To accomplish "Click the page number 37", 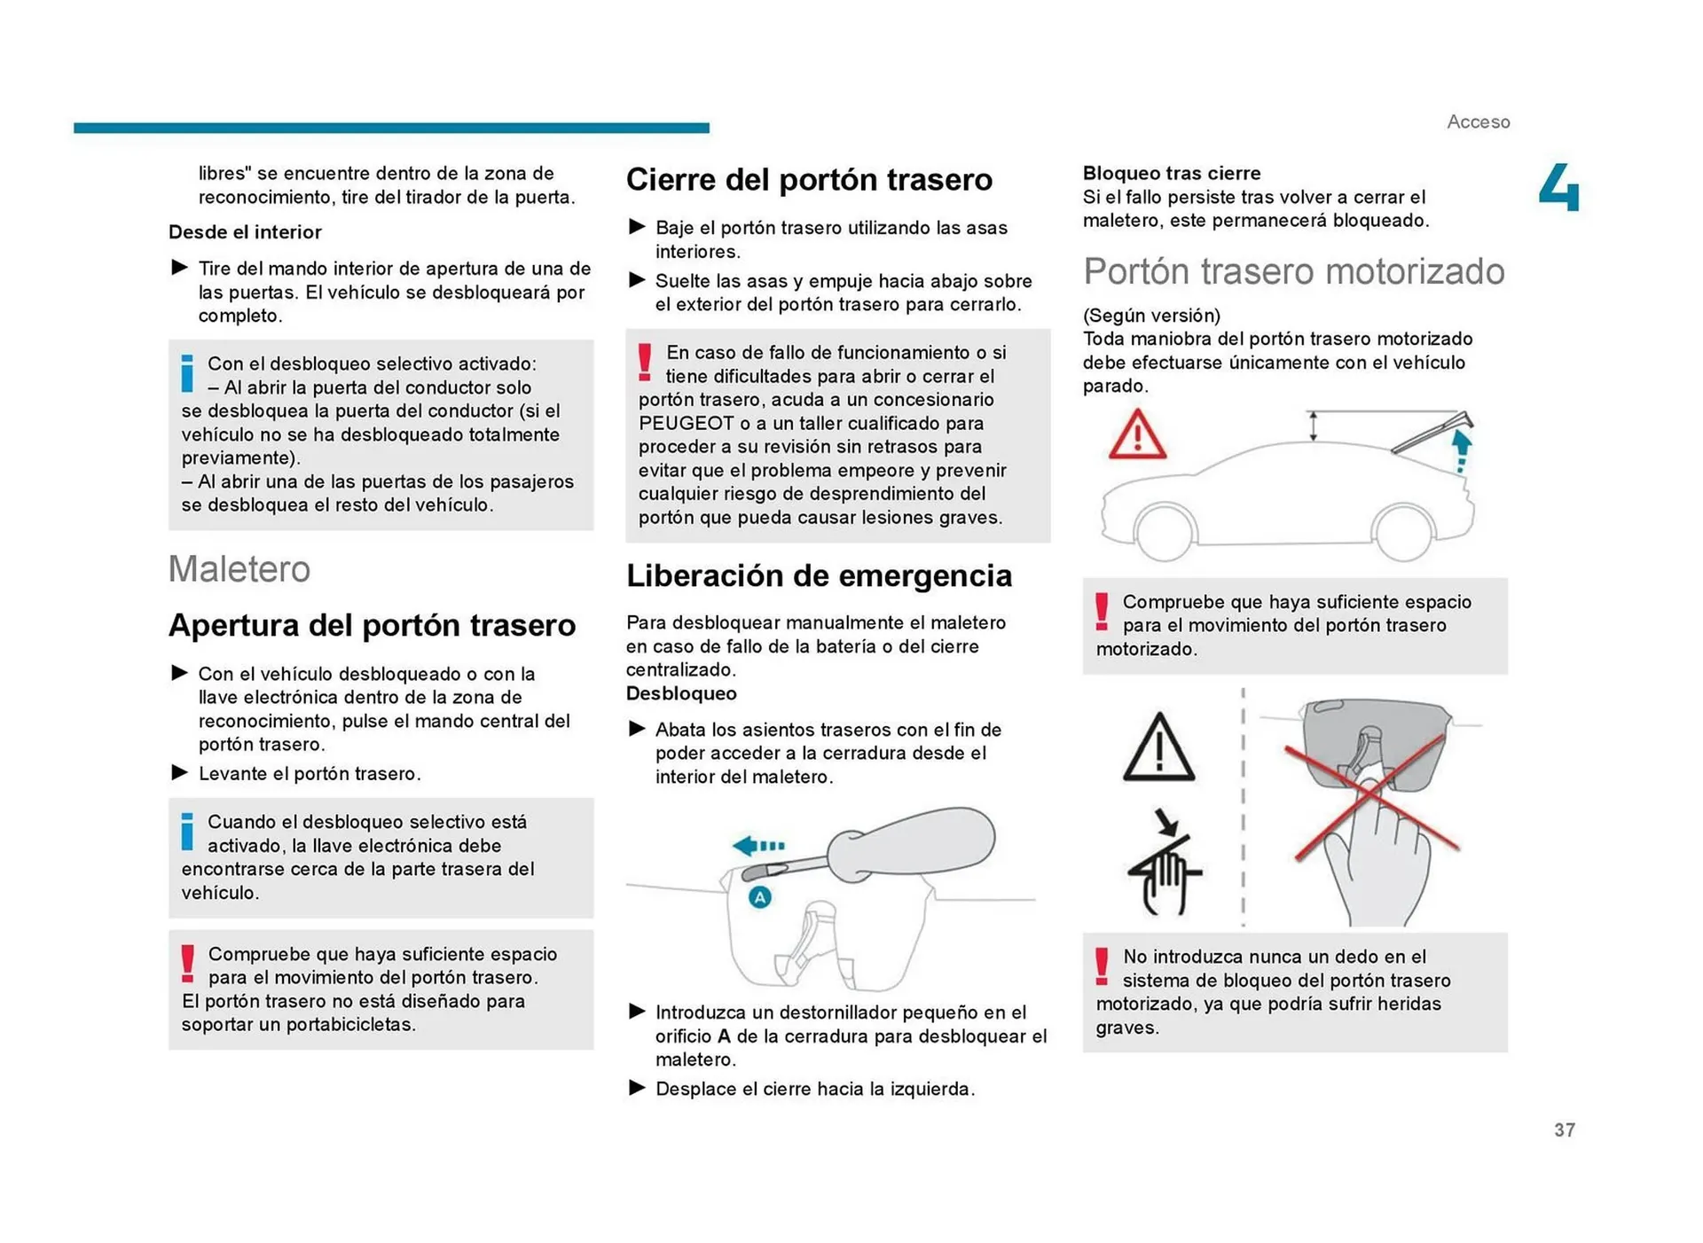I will click(x=1564, y=1130).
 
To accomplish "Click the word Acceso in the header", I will click(x=1478, y=121).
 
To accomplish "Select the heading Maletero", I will click(x=239, y=569).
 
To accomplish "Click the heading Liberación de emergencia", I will click(x=818, y=576).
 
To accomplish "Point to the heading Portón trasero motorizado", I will click(x=1293, y=271).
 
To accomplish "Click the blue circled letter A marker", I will click(x=759, y=897).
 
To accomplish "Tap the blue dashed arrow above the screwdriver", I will click(x=759, y=845).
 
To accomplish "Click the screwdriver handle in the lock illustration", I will click(x=914, y=842).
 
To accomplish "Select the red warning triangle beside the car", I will click(x=1137, y=434).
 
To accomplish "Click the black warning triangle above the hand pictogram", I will click(x=1158, y=749).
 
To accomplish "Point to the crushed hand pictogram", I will click(x=1164, y=873).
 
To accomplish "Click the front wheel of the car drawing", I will click(x=1164, y=532).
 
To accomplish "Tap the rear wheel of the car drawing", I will click(x=1402, y=532).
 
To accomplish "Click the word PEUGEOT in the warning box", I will click(x=686, y=423).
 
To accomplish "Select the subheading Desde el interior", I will click(x=245, y=232).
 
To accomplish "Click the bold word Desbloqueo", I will click(x=681, y=693).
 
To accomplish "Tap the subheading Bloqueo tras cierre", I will click(x=1171, y=173).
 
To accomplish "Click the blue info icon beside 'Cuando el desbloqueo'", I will click(x=187, y=832).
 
